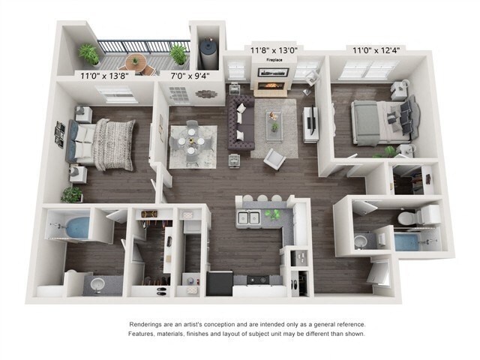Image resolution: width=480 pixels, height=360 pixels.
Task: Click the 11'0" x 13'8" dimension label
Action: click(104, 75)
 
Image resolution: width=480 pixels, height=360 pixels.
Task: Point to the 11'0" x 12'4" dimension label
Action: click(376, 51)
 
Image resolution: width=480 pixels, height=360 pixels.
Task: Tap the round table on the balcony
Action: click(136, 61)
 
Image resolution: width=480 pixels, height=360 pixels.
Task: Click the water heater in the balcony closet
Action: click(205, 49)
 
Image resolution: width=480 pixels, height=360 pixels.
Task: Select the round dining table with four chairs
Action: click(192, 140)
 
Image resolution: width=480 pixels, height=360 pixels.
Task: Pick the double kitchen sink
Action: click(249, 218)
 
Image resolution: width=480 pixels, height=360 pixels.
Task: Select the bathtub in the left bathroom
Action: click(71, 225)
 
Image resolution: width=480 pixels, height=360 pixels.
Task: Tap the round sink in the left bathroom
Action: click(96, 284)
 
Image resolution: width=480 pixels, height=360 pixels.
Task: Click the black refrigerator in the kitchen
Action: click(220, 283)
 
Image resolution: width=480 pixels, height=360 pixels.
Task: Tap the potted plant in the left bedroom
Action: click(72, 194)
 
